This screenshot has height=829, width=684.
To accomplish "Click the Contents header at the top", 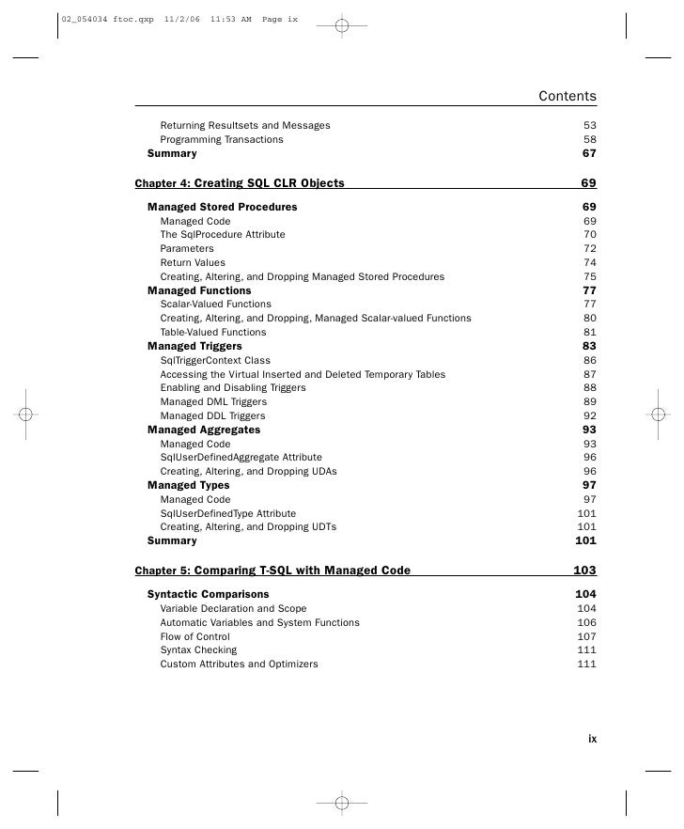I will point(567,97).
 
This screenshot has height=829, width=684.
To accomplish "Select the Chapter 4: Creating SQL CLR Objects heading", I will point(240,183).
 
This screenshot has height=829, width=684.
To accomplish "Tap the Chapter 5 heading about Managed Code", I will point(272,571).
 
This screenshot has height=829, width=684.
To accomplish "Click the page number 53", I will point(589,125).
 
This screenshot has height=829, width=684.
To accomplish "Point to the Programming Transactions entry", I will point(221,139).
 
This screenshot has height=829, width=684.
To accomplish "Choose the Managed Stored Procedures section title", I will point(222,207).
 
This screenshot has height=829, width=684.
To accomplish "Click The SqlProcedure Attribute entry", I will point(222,235).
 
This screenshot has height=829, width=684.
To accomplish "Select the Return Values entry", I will point(193,263).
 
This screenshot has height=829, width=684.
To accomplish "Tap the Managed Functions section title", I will point(199,290).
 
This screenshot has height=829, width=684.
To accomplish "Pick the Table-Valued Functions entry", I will point(212,332).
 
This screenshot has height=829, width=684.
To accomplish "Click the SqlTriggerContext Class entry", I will point(214,360).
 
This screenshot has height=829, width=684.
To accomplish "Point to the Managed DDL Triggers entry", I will point(212,415).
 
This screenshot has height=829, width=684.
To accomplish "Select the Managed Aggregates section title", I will point(204,430).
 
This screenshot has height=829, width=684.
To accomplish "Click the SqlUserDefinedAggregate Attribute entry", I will point(241,458).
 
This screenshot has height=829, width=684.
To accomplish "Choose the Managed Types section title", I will point(188,485).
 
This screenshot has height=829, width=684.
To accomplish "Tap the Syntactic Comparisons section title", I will point(208,594).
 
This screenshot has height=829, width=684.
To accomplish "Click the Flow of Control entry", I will point(194,636).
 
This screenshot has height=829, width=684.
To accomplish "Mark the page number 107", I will point(586,636).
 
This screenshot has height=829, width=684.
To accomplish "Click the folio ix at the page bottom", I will point(592,739).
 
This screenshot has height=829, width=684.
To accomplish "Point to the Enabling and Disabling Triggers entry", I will point(234,387).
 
